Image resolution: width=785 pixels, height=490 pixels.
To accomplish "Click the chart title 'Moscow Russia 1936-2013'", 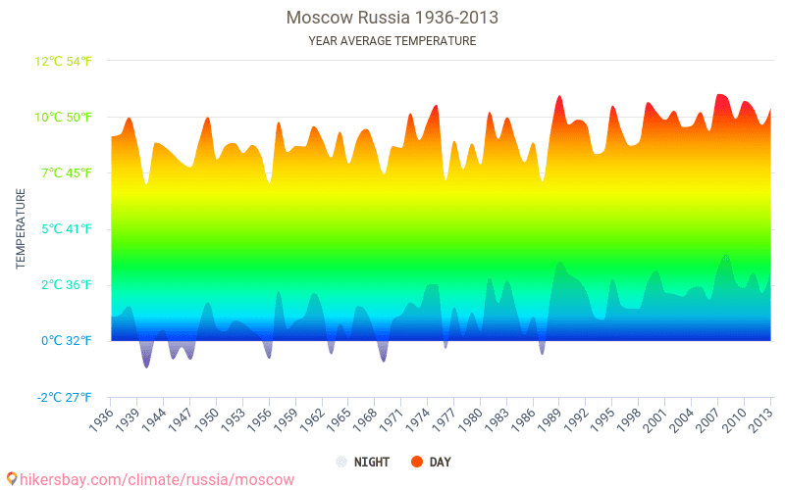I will (x=392, y=18).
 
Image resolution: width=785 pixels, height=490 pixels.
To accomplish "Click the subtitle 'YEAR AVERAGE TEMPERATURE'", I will (x=392, y=41).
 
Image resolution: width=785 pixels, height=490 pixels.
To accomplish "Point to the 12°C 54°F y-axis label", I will (x=64, y=61).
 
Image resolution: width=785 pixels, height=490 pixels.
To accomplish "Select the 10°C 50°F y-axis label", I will (x=64, y=117).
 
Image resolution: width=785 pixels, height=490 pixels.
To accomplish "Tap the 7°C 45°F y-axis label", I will (x=66, y=172).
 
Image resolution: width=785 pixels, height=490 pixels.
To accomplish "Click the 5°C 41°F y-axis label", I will (x=66, y=229).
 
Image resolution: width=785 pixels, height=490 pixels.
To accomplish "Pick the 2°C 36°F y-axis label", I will (x=66, y=285).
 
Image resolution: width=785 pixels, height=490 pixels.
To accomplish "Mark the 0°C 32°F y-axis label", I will (x=66, y=341).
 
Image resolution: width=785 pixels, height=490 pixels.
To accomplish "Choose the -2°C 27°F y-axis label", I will (x=64, y=397).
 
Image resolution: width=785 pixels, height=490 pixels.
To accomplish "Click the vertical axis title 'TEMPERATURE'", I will (x=21, y=229).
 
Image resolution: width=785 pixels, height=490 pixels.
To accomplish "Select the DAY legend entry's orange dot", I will (x=416, y=462).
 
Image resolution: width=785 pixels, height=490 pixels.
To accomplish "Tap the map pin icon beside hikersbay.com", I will (x=11, y=479).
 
